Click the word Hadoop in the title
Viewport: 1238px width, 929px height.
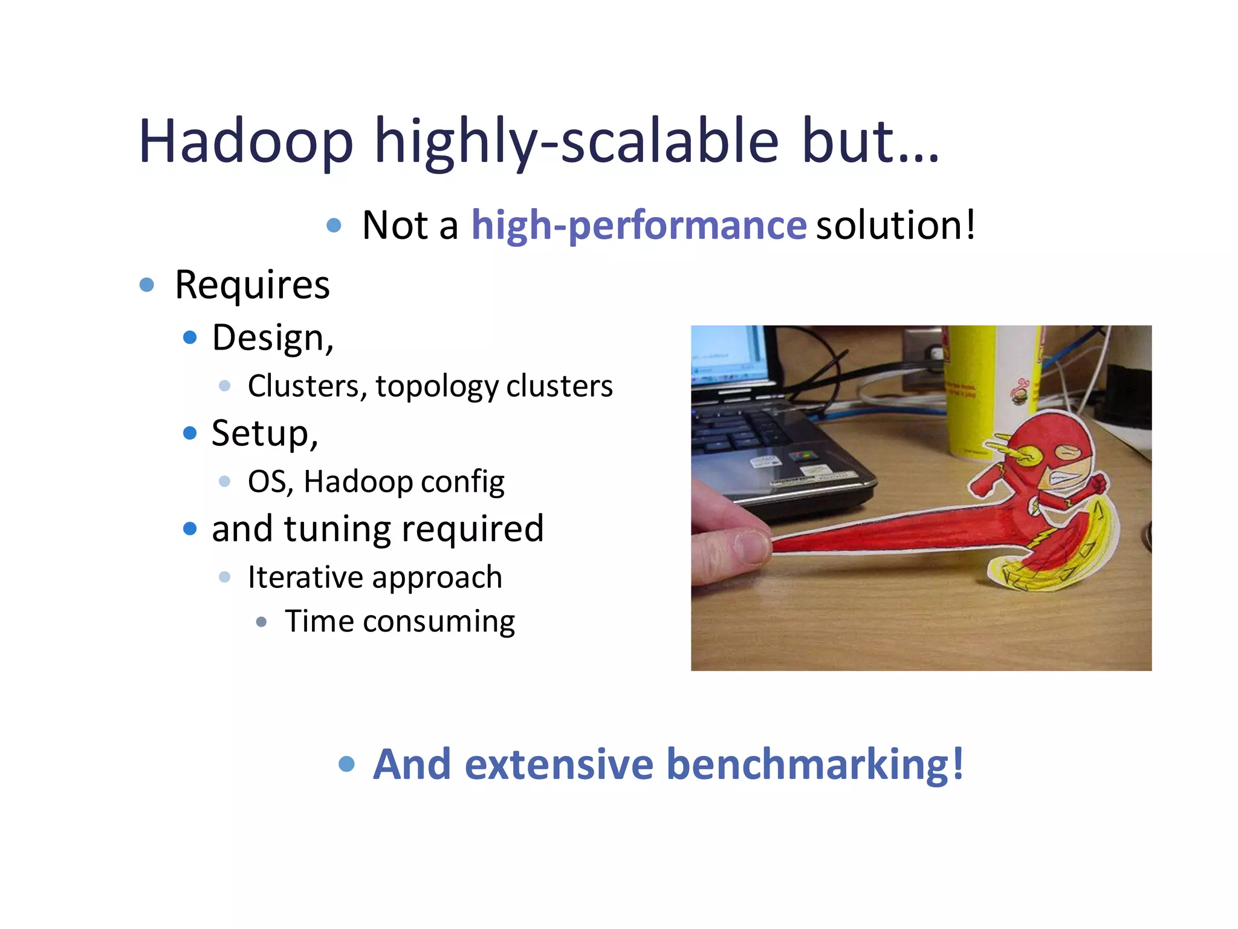[245, 142]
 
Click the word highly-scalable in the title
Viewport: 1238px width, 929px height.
[577, 142]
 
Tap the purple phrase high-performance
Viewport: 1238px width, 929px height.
[638, 225]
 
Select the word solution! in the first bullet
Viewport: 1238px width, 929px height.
[895, 225]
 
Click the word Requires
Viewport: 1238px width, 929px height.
[252, 285]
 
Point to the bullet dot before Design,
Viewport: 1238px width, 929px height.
[190, 337]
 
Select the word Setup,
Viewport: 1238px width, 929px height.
[264, 434]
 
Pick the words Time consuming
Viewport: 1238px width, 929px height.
[400, 621]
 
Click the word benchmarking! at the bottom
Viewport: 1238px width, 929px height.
[815, 764]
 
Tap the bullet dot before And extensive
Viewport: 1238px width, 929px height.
[346, 764]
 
